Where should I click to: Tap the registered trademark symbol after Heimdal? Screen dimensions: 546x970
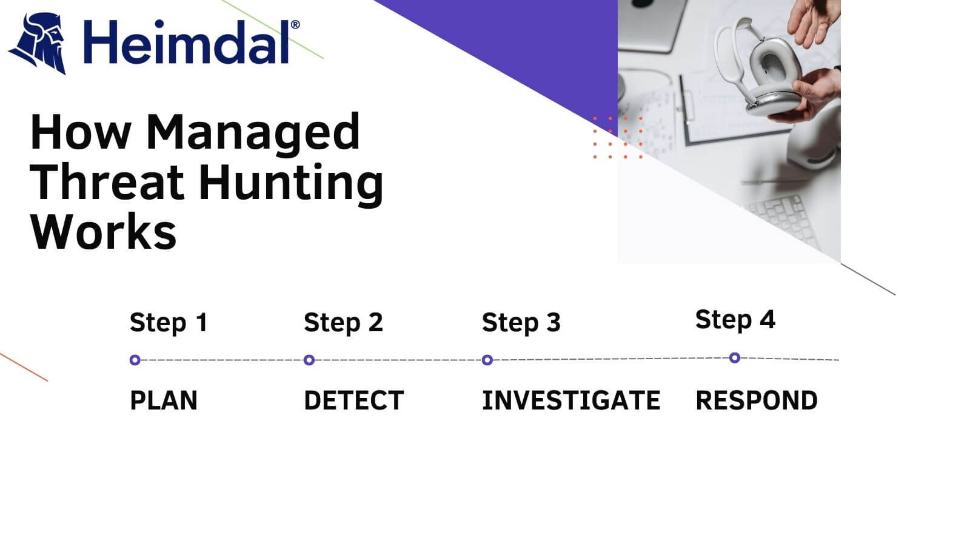click(x=295, y=25)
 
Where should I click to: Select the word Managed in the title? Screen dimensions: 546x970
click(x=253, y=132)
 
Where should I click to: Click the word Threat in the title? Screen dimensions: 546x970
click(x=107, y=181)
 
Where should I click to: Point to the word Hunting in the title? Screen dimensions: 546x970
click(x=291, y=183)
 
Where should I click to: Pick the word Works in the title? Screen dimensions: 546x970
click(x=103, y=232)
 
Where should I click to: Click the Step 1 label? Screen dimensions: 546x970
click(x=169, y=322)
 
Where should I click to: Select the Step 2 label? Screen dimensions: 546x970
click(x=343, y=322)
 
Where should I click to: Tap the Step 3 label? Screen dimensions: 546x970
click(x=521, y=322)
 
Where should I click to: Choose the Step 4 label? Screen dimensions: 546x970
click(x=735, y=319)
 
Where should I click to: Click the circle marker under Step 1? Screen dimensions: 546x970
click(x=135, y=360)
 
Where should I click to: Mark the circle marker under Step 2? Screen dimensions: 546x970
click(x=309, y=360)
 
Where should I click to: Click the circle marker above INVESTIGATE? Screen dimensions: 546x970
click(x=487, y=360)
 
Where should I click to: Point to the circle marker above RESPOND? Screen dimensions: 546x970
click(x=735, y=358)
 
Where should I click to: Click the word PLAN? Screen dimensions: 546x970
click(x=164, y=400)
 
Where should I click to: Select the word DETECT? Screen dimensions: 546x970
click(x=353, y=400)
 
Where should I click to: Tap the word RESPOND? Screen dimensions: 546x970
click(x=757, y=400)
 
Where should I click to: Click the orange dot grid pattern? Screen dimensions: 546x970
click(x=617, y=138)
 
